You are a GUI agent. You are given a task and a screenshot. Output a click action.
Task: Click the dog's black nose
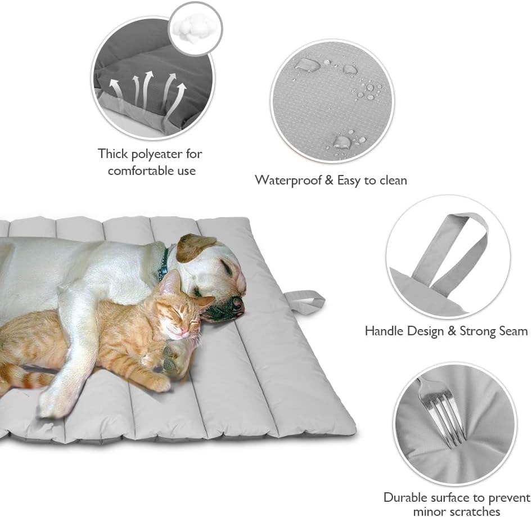(238, 303)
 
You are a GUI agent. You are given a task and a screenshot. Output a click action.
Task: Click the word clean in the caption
(391, 180)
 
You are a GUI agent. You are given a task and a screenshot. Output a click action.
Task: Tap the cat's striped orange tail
(25, 376)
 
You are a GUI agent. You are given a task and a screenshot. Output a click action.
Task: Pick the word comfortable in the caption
(143, 170)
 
